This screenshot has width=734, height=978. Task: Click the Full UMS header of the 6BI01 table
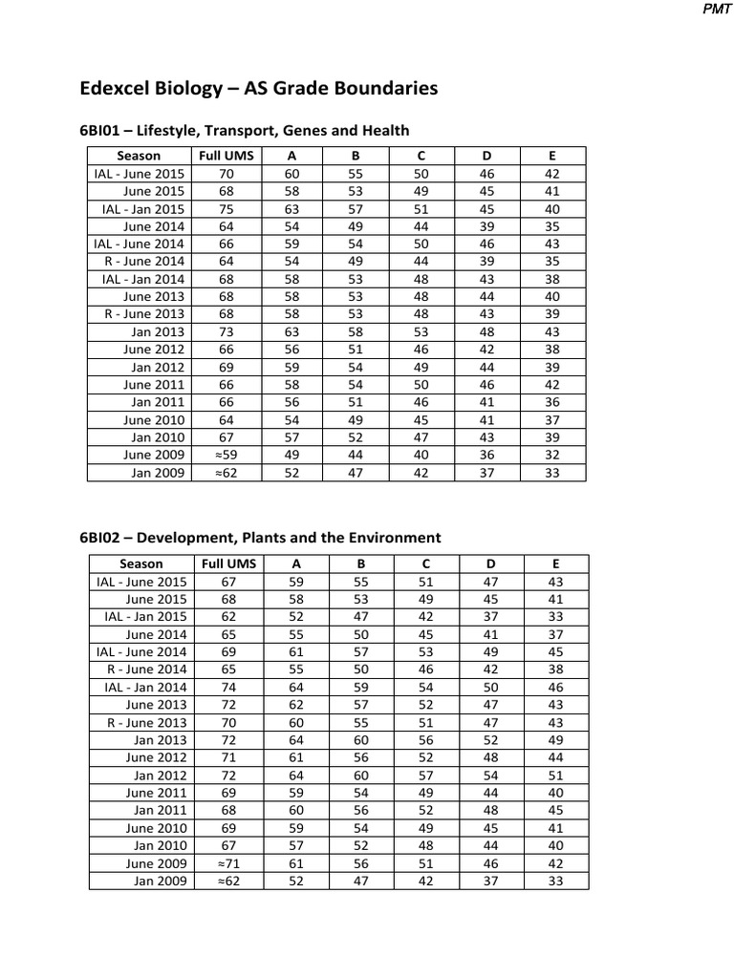click(x=226, y=156)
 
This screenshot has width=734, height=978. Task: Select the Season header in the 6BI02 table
click(x=140, y=563)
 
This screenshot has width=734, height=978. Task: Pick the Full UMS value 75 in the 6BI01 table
click(x=226, y=209)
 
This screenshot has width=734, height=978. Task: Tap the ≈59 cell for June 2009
click(x=226, y=455)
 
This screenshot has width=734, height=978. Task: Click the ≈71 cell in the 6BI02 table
click(x=226, y=862)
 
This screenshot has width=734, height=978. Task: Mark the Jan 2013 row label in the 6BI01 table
click(x=159, y=332)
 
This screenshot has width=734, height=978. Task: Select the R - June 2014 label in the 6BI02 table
click(x=146, y=670)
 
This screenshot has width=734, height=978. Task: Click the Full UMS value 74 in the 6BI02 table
click(x=227, y=687)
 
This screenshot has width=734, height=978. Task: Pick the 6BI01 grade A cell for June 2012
click(x=293, y=350)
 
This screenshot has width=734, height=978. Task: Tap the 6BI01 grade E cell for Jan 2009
click(x=551, y=473)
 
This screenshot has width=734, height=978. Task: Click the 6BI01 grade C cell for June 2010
click(x=422, y=419)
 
